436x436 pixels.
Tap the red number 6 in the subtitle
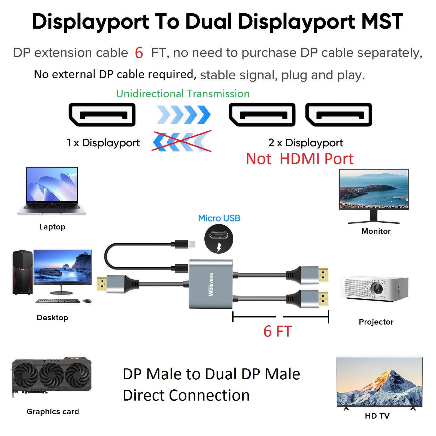(x=139, y=53)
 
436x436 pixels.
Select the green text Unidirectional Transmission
(x=183, y=94)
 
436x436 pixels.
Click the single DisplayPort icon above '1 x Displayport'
(x=102, y=115)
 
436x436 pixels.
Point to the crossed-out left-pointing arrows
(x=181, y=141)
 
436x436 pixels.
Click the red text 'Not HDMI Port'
(x=299, y=159)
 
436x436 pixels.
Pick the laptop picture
(x=52, y=191)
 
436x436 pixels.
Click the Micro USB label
(x=219, y=218)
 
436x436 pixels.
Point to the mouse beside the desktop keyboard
(x=87, y=301)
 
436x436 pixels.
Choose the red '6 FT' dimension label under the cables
(x=277, y=331)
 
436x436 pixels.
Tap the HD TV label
(x=377, y=416)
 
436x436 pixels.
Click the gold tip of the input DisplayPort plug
(x=101, y=285)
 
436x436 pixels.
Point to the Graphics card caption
(x=53, y=411)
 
